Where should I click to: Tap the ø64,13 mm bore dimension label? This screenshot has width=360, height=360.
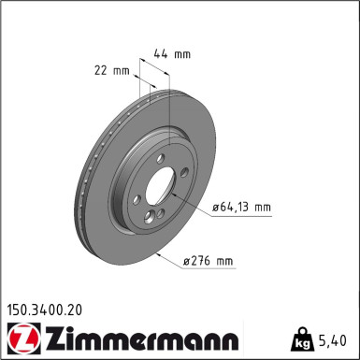240,208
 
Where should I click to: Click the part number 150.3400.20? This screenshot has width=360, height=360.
50,306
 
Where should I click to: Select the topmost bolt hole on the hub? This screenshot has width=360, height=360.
162,158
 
